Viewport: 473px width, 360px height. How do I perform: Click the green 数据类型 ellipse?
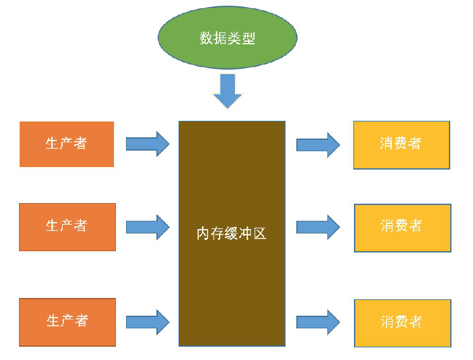coord(227,37)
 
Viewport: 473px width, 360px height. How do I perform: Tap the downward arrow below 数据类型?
coord(227,90)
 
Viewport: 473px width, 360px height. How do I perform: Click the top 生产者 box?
coord(66,144)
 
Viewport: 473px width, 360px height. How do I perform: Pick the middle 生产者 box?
coord(67,227)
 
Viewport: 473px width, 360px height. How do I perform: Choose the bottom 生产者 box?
coord(67,321)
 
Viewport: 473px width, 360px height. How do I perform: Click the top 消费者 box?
coord(401,145)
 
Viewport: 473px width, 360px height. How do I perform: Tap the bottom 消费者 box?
coord(402,323)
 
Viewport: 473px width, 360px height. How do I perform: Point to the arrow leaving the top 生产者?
coord(148,144)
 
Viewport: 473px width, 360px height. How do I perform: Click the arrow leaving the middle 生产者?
coord(148,227)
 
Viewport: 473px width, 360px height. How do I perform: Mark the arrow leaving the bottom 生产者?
coord(148,322)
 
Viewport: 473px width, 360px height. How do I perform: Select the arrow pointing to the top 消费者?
coord(318,145)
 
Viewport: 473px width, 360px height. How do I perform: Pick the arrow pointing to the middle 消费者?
coord(318,227)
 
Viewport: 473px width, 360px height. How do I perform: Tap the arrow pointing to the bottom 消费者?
coord(318,322)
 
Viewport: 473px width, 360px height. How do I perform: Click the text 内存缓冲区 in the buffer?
coord(232,233)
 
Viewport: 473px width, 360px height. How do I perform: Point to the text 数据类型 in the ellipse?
coord(227,38)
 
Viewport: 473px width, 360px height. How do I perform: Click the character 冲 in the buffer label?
coord(245,233)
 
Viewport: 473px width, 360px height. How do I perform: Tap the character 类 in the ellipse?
coord(234,38)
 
